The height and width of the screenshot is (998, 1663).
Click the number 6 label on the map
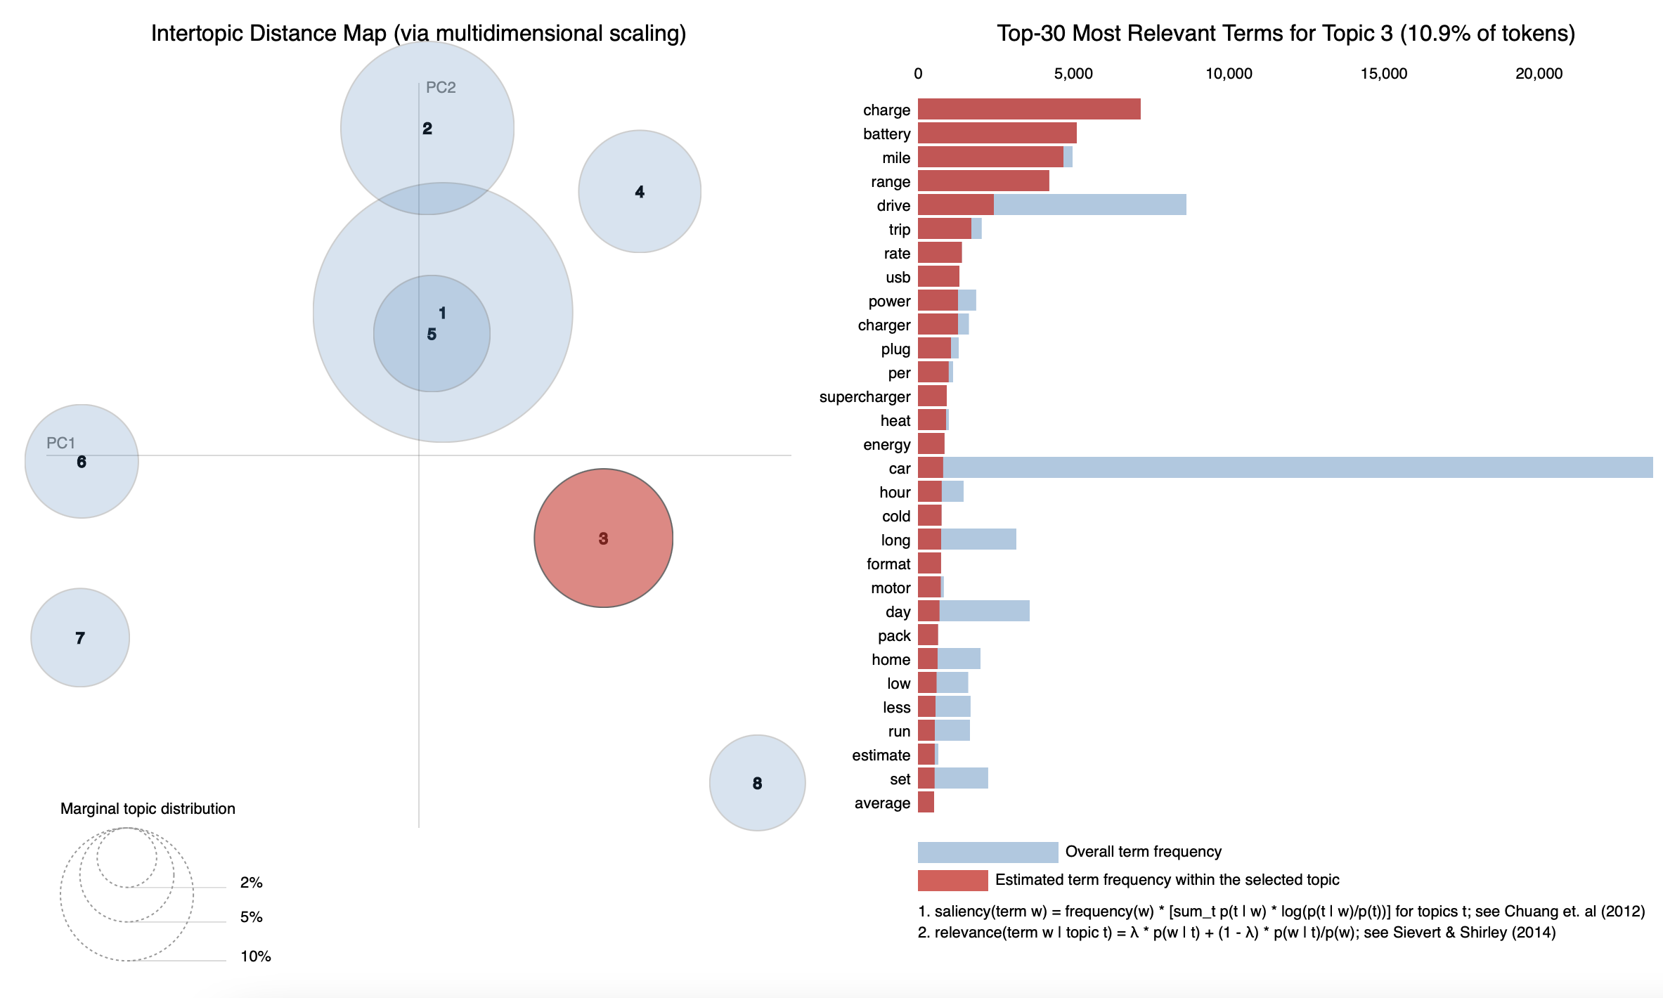click(82, 462)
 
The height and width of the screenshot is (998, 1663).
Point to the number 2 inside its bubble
click(427, 129)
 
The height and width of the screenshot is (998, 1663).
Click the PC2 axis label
click(441, 88)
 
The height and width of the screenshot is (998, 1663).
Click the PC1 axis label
click(60, 443)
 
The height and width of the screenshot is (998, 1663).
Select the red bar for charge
click(1028, 109)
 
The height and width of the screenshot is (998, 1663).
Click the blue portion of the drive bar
click(1089, 205)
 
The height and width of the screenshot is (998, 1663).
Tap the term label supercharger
click(865, 397)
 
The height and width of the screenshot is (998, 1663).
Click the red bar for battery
click(997, 133)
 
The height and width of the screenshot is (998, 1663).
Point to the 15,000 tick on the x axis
click(1383, 74)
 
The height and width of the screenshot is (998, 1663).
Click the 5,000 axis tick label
click(1073, 74)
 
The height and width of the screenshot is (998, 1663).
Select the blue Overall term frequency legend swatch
click(987, 852)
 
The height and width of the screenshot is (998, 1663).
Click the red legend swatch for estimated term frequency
click(952, 880)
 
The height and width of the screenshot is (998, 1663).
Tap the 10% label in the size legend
click(255, 956)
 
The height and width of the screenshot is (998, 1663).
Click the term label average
click(882, 803)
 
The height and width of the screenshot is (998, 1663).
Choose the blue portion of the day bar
click(984, 611)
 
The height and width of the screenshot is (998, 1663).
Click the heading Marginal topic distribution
click(148, 808)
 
